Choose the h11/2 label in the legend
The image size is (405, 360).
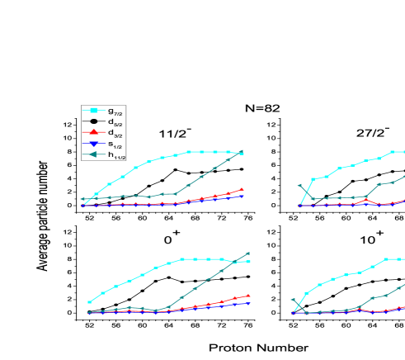coord(115,155)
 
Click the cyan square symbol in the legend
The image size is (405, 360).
coord(93,111)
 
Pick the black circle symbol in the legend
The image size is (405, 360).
coord(93,121)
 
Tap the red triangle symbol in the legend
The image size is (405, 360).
coord(93,132)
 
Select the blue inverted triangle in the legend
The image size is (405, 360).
coord(93,144)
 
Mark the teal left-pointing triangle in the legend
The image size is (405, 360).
coord(93,154)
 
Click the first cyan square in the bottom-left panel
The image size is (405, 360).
coord(89,302)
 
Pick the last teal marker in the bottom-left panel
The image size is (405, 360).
coord(248,253)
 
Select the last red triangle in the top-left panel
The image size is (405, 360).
coord(242,189)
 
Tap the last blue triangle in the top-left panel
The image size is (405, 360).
coord(242,197)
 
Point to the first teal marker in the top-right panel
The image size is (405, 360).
coord(299,186)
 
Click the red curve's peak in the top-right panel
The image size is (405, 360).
coord(366,200)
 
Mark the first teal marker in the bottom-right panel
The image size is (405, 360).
coord(293,301)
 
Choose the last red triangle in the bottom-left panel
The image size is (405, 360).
coord(248,296)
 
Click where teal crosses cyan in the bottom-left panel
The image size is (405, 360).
coord(235,262)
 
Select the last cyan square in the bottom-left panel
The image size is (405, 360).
coord(248,262)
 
